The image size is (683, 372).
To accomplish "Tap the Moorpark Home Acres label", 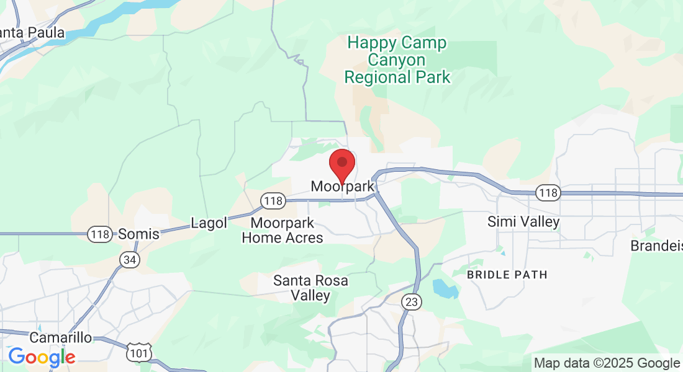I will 283,230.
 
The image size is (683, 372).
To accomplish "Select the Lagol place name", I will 209,223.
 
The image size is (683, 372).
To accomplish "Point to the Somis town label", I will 138,234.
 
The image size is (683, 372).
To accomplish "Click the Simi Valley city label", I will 523,222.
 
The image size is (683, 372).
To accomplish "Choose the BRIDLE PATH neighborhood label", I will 507,274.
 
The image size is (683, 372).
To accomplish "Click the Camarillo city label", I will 61,338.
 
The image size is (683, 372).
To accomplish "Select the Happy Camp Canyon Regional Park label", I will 397,60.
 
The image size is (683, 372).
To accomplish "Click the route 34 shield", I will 129,260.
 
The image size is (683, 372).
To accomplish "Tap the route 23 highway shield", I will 411,302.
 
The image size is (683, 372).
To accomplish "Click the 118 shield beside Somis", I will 99,234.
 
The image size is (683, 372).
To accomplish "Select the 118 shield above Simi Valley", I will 549,193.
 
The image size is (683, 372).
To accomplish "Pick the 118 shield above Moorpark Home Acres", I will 273,201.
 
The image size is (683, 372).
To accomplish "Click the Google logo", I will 42,357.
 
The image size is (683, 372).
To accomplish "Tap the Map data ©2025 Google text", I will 607,363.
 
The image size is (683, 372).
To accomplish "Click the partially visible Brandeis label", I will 656,246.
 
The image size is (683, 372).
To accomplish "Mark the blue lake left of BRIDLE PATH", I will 445,289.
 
